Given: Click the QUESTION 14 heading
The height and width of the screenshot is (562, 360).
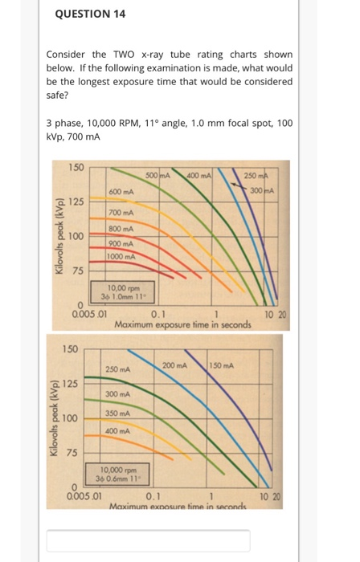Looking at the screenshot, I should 91,14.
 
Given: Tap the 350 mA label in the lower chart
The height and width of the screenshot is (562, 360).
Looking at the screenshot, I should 119,413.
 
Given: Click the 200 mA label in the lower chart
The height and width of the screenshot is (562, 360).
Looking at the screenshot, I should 174,365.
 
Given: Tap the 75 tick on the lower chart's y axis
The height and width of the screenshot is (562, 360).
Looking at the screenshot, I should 71,454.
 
